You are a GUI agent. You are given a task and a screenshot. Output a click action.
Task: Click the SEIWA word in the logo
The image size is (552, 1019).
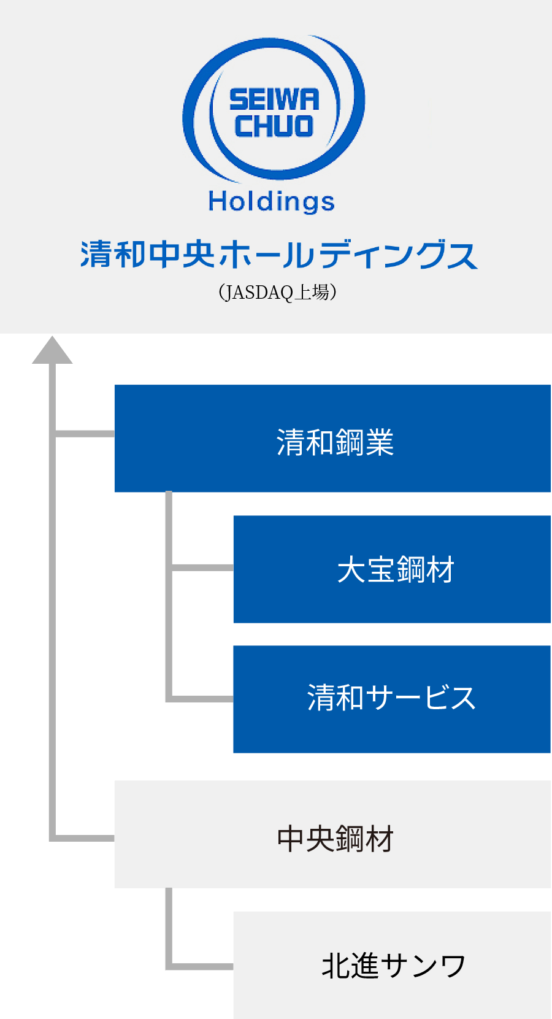tap(274, 99)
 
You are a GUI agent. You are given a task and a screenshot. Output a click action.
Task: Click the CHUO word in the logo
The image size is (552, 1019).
tap(274, 126)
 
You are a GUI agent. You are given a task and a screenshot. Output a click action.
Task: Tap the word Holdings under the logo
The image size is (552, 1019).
tap(272, 201)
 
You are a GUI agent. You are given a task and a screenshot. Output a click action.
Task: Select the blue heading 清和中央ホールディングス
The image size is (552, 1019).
tap(278, 255)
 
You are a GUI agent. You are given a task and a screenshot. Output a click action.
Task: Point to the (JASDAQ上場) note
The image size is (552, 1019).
tap(277, 293)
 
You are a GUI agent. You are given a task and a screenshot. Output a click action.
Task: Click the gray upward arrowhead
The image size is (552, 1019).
tap(52, 350)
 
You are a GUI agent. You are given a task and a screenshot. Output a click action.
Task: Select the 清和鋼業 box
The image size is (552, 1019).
tap(332, 439)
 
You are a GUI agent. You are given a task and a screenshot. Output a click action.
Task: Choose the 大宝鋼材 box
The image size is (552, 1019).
tap(392, 569)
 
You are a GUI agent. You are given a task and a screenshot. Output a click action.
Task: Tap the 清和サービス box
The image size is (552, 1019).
tap(392, 699)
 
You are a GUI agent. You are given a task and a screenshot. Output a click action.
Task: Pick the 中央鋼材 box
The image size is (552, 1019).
tap(332, 834)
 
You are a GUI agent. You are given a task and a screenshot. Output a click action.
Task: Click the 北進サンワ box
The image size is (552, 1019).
tap(392, 964)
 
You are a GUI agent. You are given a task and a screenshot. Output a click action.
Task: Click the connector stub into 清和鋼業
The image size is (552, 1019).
tap(85, 434)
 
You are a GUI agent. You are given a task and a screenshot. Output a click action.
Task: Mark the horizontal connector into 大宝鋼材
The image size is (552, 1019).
tap(202, 567)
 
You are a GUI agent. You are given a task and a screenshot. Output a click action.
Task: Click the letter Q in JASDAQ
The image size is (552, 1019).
tap(287, 293)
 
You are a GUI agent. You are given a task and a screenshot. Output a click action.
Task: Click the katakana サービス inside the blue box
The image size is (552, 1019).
tap(421, 698)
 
